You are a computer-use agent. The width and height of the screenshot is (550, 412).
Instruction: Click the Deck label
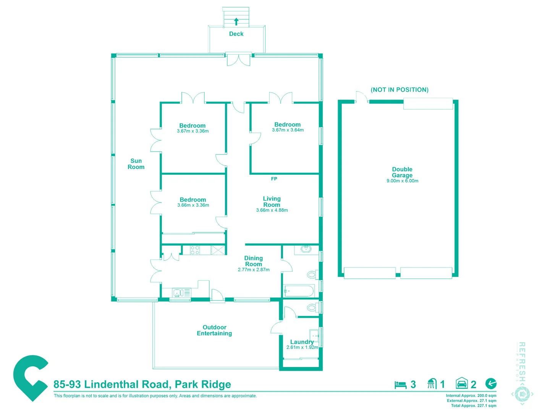click(x=236, y=34)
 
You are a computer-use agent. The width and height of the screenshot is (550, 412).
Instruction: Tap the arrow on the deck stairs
click(x=236, y=21)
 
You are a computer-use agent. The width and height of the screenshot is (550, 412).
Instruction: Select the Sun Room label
click(x=136, y=164)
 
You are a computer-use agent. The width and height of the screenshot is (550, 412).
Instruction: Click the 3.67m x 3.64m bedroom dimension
click(x=288, y=130)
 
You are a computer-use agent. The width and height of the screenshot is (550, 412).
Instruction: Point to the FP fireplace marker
click(x=274, y=179)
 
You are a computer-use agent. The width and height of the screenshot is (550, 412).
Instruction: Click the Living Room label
click(x=272, y=201)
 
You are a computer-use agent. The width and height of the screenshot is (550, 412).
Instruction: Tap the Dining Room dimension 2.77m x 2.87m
click(x=254, y=270)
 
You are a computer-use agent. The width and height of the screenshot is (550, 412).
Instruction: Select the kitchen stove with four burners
click(x=195, y=250)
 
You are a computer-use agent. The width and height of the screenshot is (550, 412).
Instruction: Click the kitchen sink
click(x=177, y=293)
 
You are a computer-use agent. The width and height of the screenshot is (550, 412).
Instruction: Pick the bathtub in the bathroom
click(x=299, y=291)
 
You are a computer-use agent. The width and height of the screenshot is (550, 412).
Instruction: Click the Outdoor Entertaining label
click(x=214, y=330)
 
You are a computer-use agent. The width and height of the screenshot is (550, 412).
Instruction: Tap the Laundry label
click(x=302, y=342)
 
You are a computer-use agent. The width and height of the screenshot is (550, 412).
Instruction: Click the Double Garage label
click(x=402, y=172)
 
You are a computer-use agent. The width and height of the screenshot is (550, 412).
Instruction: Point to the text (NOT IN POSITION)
click(x=400, y=90)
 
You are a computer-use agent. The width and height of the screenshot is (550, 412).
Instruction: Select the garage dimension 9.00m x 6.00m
click(x=402, y=181)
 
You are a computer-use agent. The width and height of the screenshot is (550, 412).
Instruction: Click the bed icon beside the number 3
click(x=400, y=385)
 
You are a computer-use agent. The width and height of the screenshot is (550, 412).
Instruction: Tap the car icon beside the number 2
click(x=462, y=383)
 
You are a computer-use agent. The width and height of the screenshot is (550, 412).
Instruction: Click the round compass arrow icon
click(x=491, y=383)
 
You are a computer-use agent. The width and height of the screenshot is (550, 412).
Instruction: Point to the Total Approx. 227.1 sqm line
click(x=474, y=406)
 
